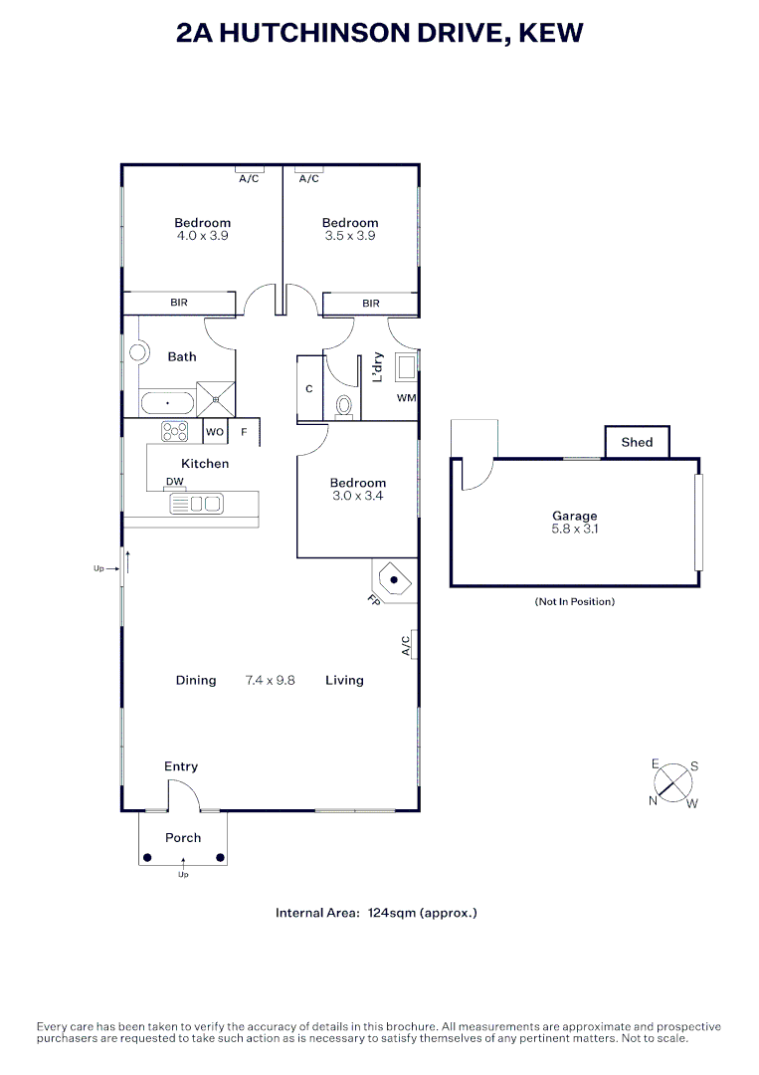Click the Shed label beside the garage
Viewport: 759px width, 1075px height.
637,442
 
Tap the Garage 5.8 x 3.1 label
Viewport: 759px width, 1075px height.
575,523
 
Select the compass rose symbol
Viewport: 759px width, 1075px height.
673,781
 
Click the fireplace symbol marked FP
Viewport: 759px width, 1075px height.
394,579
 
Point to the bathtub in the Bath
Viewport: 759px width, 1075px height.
166,403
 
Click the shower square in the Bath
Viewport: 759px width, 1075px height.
216,400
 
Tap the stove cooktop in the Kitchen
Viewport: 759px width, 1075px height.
175,432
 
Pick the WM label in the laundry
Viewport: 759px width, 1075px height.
406,398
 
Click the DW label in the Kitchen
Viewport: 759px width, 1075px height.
175,482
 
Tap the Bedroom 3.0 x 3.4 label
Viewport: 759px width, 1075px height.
357,489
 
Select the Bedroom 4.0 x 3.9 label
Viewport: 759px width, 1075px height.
203,229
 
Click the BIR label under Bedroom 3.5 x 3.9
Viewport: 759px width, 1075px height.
371,304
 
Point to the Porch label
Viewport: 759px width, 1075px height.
183,838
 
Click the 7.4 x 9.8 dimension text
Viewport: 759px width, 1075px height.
270,681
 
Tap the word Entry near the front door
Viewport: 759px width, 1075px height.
181,766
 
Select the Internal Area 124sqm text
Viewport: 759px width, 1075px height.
376,913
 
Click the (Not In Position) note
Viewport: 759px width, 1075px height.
575,602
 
